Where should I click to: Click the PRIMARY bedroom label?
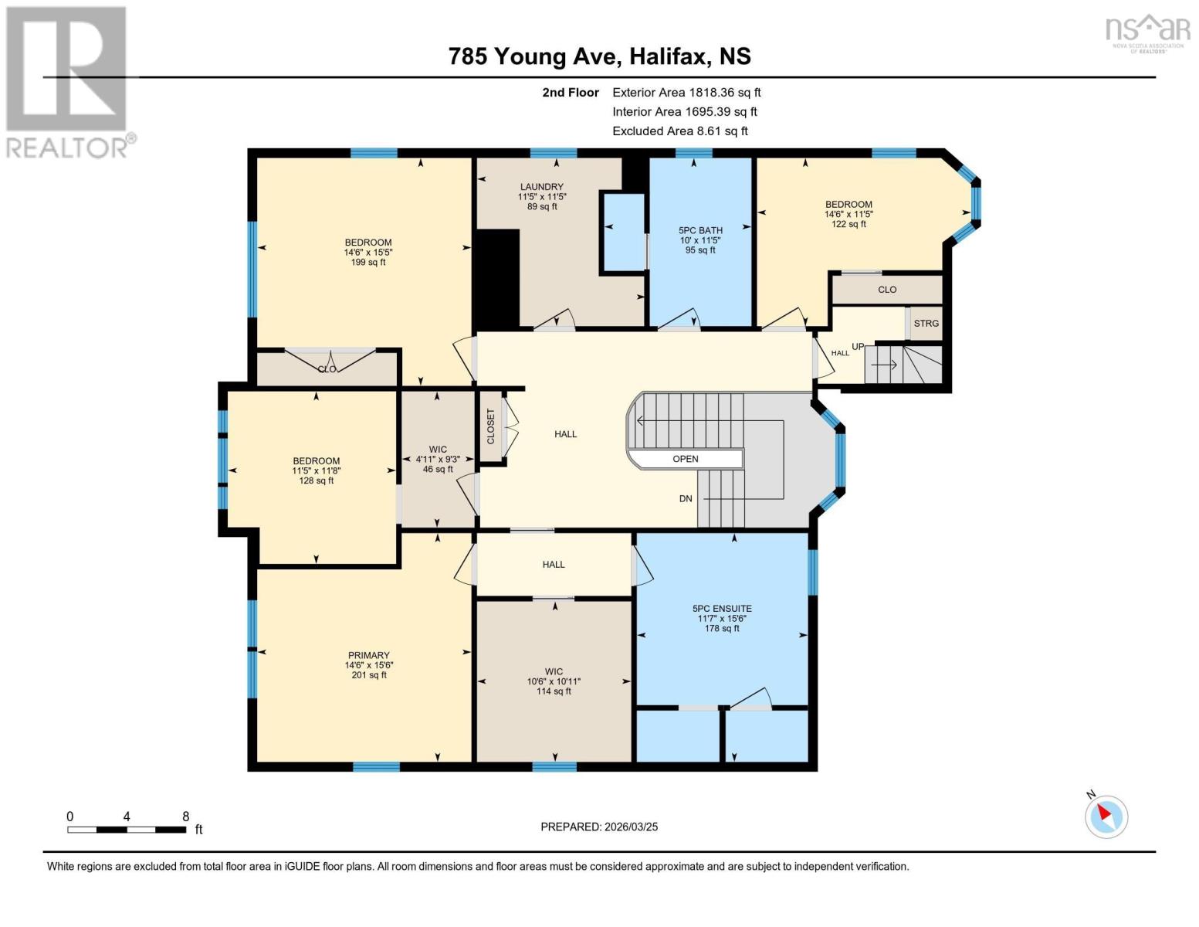coord(368,655)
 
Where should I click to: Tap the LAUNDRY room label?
coord(541,187)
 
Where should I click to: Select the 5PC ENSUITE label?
coord(722,609)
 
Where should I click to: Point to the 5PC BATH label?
coord(700,230)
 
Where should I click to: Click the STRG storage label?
coord(926,323)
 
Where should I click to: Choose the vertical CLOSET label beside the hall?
coord(490,426)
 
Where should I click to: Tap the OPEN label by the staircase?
coord(685,459)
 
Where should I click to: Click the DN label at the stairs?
coord(686,498)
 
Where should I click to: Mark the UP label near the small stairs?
coord(858,346)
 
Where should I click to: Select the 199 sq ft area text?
coord(368,263)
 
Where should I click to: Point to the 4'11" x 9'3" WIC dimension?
coord(438,459)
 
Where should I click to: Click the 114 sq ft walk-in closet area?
coord(554,691)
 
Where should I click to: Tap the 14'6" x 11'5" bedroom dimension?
coord(848,214)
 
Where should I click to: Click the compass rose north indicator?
coord(1106,814)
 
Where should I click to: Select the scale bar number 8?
coord(185,817)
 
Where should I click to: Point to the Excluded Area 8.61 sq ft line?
coord(679,131)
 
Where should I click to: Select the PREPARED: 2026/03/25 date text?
coord(599,827)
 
